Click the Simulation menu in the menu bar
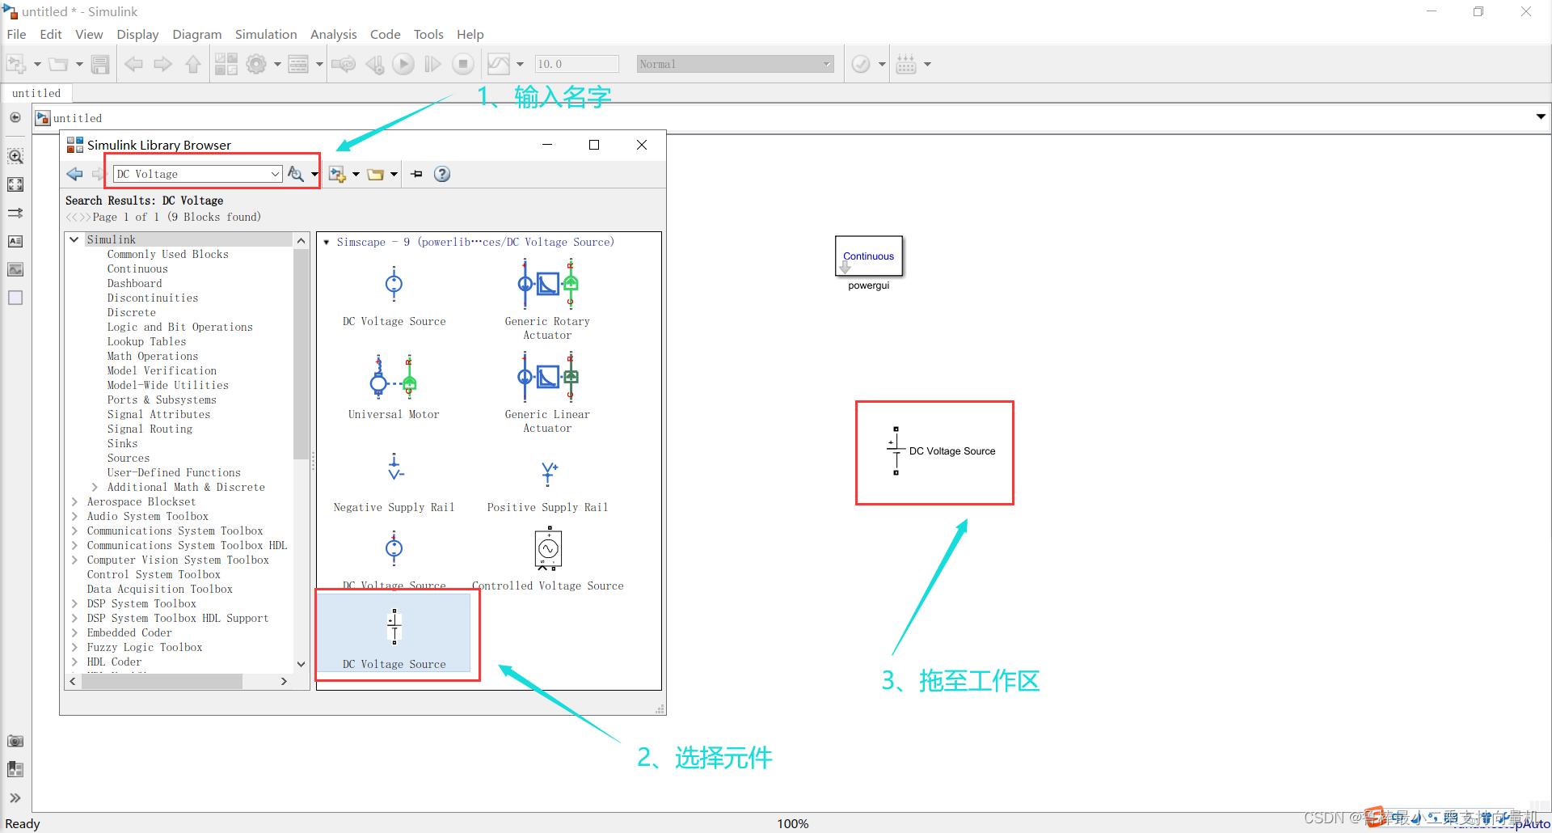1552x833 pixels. (x=266, y=34)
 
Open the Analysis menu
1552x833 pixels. (x=333, y=34)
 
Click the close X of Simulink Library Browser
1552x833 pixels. (x=642, y=145)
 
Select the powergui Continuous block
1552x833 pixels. (x=868, y=256)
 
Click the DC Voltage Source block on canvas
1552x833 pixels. (x=896, y=451)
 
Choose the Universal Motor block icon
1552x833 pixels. (x=394, y=378)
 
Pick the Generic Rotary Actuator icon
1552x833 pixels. (x=547, y=285)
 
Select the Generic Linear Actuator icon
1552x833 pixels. (x=547, y=378)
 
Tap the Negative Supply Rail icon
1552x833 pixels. (x=394, y=468)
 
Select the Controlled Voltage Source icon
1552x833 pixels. (x=548, y=549)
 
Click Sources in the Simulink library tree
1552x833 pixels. (x=129, y=459)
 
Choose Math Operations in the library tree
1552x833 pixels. (x=152, y=357)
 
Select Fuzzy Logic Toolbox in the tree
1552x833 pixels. (x=145, y=648)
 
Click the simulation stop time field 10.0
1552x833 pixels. (x=576, y=64)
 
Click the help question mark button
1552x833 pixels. (x=442, y=174)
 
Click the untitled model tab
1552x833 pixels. (x=36, y=93)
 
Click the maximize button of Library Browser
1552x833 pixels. (x=594, y=145)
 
